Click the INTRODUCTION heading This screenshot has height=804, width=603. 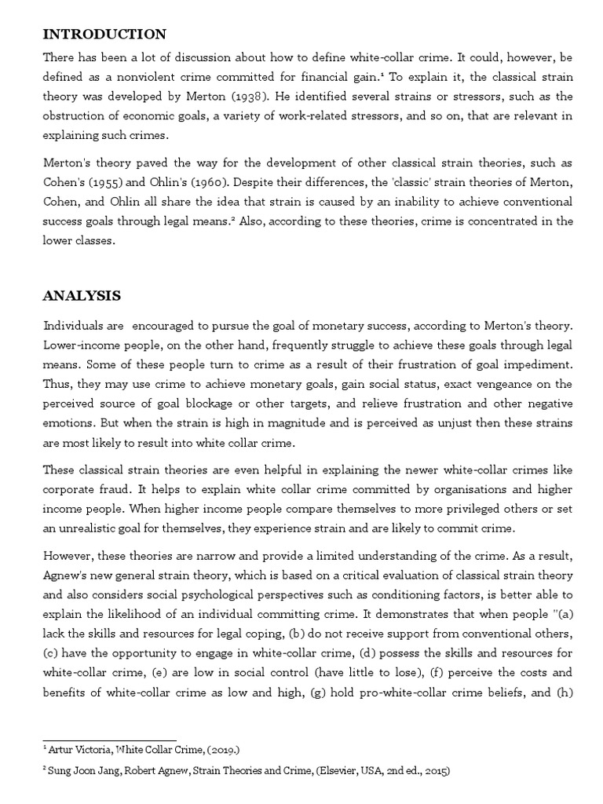tap(104, 34)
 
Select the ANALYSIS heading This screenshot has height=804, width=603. tap(82, 295)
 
